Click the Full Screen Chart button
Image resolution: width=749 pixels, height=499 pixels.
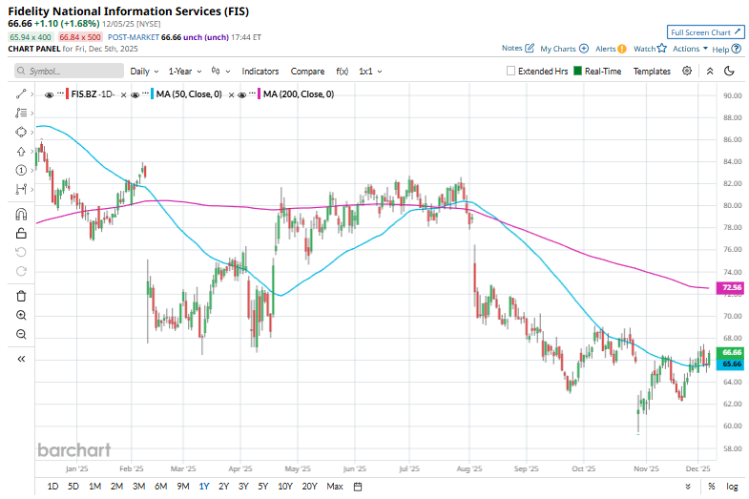coord(705,31)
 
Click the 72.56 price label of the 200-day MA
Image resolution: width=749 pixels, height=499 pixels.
coord(707,286)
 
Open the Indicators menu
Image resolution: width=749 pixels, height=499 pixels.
coord(260,71)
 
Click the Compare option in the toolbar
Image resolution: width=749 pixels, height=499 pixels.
coord(307,71)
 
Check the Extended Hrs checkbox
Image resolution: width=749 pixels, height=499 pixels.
coord(512,71)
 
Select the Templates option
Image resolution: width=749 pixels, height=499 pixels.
coord(652,71)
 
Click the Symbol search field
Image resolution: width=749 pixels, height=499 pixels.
coord(70,71)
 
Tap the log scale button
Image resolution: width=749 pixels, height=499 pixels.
coord(731,487)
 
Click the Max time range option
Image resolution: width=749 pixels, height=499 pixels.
coord(334,487)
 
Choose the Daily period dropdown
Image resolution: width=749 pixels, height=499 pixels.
coord(144,71)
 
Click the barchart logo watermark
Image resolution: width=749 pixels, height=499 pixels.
coord(73,450)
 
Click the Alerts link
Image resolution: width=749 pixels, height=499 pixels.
coord(610,48)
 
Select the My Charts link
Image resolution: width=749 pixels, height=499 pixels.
coord(563,48)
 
